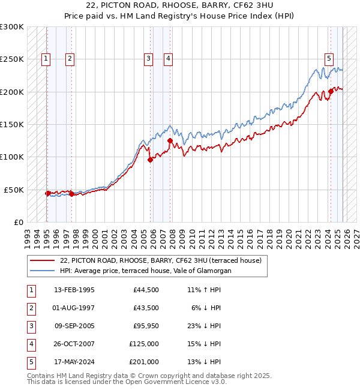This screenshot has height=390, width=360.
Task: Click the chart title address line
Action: click(179, 5)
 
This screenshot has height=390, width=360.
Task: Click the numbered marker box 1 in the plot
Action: click(47, 58)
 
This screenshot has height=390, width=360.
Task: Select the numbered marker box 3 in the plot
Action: click(148, 58)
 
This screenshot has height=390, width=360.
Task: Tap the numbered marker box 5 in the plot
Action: click(329, 58)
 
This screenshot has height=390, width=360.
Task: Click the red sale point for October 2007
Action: click(170, 141)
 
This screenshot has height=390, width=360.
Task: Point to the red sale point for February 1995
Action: click(47, 193)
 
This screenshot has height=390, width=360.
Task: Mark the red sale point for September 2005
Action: click(150, 160)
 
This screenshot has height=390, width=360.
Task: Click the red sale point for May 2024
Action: click(331, 92)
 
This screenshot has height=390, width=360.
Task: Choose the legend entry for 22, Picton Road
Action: click(160, 261)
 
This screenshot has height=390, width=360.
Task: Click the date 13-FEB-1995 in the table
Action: click(74, 290)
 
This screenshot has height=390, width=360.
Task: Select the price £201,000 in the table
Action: click(144, 362)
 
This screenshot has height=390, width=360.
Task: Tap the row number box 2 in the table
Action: click(30, 308)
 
